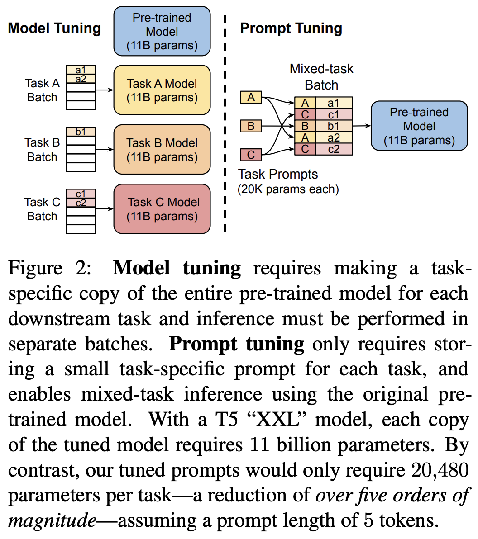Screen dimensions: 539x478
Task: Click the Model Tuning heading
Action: tap(54, 28)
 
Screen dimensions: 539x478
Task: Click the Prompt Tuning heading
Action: tap(291, 28)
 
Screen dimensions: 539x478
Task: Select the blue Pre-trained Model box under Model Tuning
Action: tap(162, 31)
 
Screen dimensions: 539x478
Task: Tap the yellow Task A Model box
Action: tap(162, 90)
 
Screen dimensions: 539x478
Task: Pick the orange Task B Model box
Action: tap(162, 150)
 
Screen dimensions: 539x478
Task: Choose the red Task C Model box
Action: tap(162, 209)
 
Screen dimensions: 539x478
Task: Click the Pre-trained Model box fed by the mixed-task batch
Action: tap(419, 126)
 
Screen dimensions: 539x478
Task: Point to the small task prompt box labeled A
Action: tap(251, 97)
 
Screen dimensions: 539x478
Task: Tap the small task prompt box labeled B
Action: tap(251, 126)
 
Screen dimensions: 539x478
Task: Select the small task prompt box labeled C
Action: tap(251, 155)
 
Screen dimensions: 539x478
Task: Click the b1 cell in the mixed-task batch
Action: tap(334, 126)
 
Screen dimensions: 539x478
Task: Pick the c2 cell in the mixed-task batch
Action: tap(334, 149)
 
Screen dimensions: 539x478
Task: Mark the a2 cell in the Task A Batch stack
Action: tap(81, 79)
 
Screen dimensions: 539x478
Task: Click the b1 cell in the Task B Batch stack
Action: tap(81, 132)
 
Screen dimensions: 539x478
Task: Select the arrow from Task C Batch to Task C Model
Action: tap(105, 209)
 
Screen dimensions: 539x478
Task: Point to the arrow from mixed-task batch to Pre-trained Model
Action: tap(361, 126)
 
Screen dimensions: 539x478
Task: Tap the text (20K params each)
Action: tap(288, 189)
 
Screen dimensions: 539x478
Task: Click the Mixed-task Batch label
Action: tap(321, 77)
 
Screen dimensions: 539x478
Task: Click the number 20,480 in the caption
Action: tap(440, 470)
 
